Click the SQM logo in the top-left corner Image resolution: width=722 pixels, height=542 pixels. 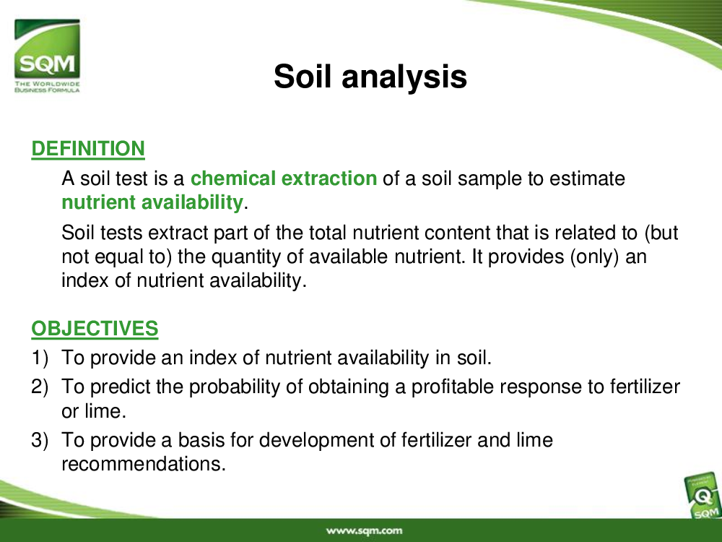47,56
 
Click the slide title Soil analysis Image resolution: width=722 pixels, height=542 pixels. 370,77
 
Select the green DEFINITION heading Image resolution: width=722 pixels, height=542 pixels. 88,149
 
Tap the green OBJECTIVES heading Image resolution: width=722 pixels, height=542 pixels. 95,329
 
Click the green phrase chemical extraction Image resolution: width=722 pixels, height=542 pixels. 284,178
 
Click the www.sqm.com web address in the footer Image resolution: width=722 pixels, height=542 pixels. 364,530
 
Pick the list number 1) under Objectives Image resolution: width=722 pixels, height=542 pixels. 40,358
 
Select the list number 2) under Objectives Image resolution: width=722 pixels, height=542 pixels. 40,387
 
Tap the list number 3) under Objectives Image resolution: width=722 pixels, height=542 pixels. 40,440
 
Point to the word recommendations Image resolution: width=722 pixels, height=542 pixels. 144,464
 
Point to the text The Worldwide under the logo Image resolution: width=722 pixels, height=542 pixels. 47,84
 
